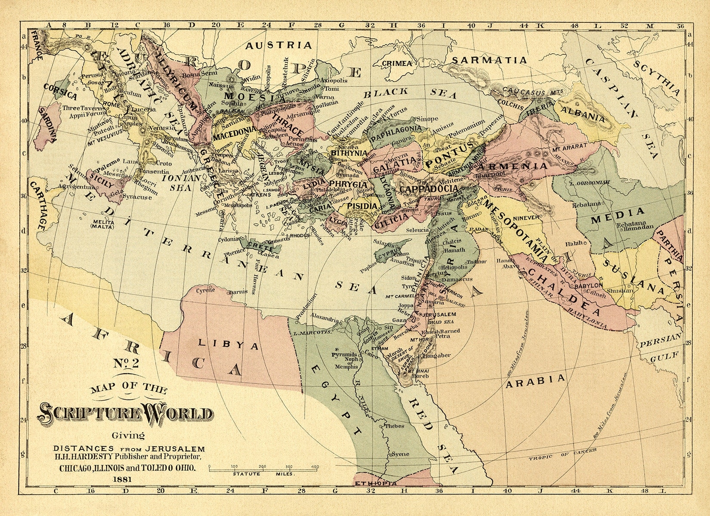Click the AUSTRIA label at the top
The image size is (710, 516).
coord(278,45)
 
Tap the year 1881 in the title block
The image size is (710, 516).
coord(122,478)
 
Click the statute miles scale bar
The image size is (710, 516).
coord(264,469)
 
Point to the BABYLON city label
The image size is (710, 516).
coord(588,285)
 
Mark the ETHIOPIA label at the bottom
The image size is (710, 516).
coord(375,484)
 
